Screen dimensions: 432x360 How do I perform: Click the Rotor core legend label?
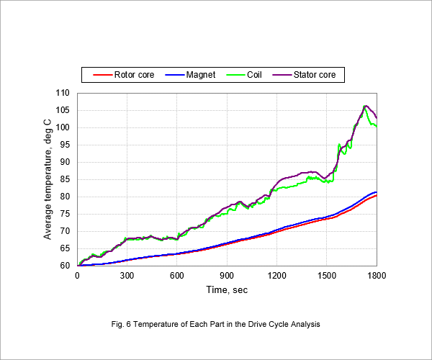pyautogui.click(x=134, y=75)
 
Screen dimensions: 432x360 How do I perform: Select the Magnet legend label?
pyautogui.click(x=201, y=75)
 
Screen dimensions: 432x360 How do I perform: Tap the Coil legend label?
pyautogui.click(x=254, y=75)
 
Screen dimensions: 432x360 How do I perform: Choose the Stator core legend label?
pyautogui.click(x=315, y=75)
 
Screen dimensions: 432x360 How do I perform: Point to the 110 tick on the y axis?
pyautogui.click(x=63, y=93)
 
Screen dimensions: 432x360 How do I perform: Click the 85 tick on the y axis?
pyautogui.click(x=65, y=179)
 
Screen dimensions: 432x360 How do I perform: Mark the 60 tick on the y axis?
pyautogui.click(x=65, y=266)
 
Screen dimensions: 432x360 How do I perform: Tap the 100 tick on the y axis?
pyautogui.click(x=63, y=127)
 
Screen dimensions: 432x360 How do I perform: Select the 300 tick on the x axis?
pyautogui.click(x=127, y=276)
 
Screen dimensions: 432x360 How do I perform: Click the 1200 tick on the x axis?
pyautogui.click(x=277, y=276)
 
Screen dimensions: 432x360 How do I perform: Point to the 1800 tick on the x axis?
pyautogui.click(x=377, y=276)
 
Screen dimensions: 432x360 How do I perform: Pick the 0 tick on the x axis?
pyautogui.click(x=77, y=276)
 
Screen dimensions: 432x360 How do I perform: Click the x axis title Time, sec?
pyautogui.click(x=227, y=289)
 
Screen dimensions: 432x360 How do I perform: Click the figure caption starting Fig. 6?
pyautogui.click(x=216, y=324)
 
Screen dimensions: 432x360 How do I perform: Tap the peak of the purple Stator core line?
pyautogui.click(x=366, y=106)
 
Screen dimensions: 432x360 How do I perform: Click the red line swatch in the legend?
pyautogui.click(x=102, y=75)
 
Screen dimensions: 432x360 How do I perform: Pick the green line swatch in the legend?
pyautogui.click(x=235, y=75)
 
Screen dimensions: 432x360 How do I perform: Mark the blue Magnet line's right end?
pyautogui.click(x=377, y=192)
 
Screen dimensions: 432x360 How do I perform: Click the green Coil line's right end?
pyautogui.click(x=377, y=126)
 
